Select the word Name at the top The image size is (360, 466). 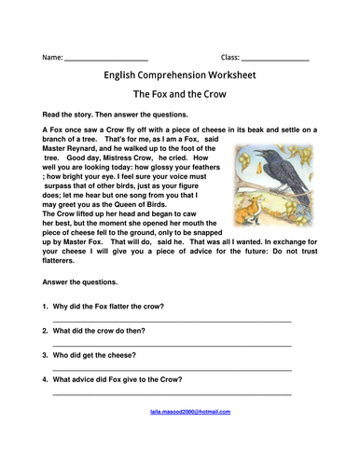click(52, 58)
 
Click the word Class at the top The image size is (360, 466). click(230, 58)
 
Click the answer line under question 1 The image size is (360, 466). click(172, 321)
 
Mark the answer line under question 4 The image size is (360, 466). click(172, 393)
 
